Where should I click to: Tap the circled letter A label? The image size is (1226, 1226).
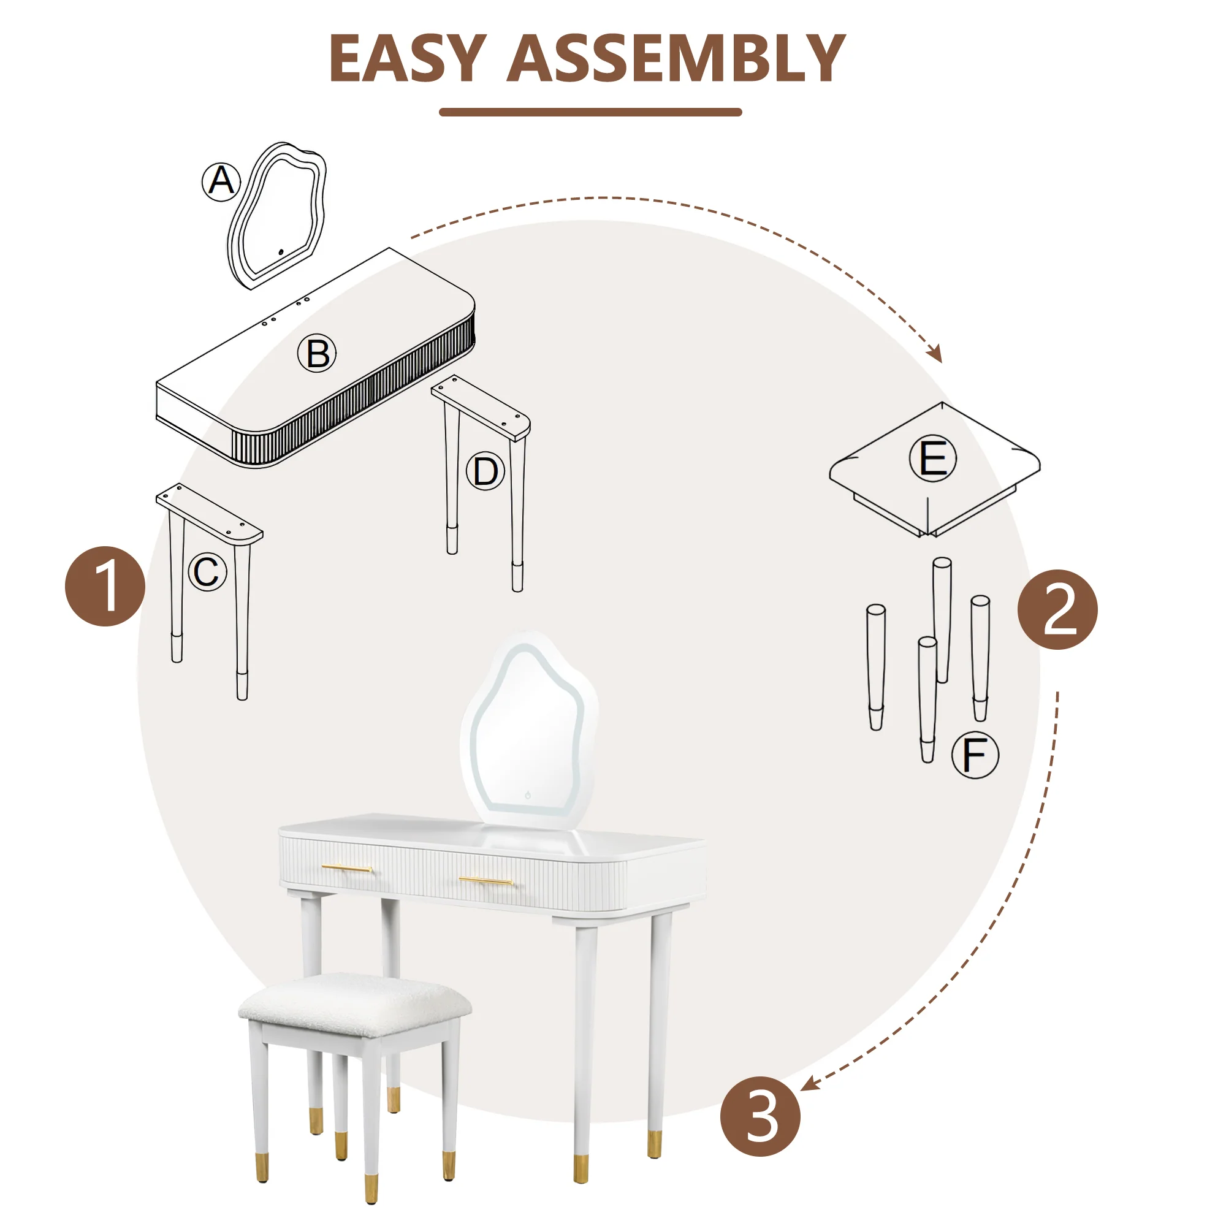[x=221, y=181]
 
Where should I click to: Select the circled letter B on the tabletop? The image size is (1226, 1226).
[x=318, y=353]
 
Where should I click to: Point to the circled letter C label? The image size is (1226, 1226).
[x=208, y=572]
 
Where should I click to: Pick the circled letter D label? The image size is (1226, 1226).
[x=485, y=471]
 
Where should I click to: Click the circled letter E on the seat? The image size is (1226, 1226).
[x=933, y=458]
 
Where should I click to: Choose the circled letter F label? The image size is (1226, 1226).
[x=975, y=755]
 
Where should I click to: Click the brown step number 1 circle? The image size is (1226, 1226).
[x=105, y=587]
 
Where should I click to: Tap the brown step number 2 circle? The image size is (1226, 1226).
[x=1057, y=609]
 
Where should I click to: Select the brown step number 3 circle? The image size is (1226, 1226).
[x=760, y=1116]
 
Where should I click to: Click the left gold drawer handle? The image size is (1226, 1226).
[x=347, y=867]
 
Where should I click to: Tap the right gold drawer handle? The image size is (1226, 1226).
[x=486, y=881]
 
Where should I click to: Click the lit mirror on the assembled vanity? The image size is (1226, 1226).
[x=528, y=729]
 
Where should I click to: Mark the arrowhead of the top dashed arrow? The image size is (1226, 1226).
[x=937, y=356]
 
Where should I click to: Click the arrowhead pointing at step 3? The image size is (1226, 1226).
[x=809, y=1085]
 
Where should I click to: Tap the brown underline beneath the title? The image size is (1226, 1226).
[x=590, y=112]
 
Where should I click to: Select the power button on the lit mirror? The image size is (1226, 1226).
[x=528, y=794]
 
